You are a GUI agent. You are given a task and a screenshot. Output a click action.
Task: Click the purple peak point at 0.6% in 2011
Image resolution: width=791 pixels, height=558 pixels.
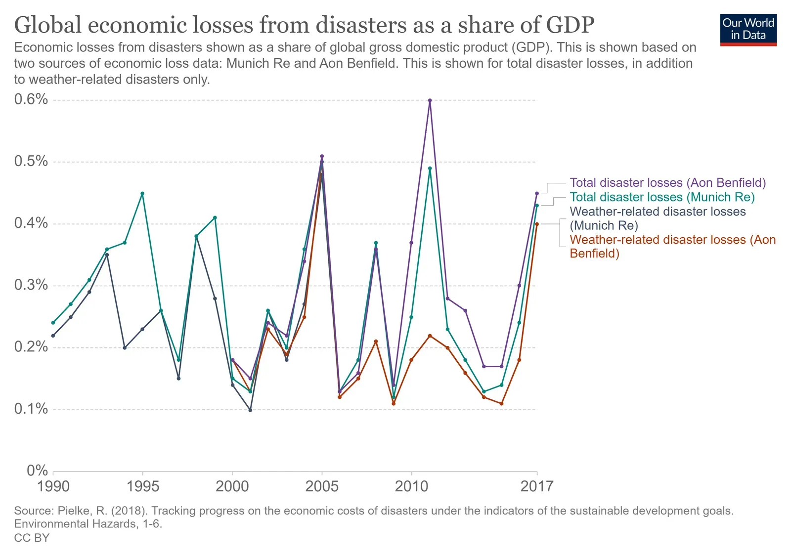pos(430,100)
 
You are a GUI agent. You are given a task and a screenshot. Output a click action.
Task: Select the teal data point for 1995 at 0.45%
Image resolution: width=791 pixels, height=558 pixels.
pos(142,193)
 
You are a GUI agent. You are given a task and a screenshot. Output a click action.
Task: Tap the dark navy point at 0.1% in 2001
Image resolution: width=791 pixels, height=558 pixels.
pos(250,410)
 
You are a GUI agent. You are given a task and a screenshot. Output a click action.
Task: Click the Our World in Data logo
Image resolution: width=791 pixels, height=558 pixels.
pos(748,30)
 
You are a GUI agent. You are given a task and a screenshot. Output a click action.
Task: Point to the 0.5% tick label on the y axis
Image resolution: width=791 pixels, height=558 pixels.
pos(31,161)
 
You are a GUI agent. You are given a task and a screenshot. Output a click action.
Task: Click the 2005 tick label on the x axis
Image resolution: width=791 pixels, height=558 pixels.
pos(322,486)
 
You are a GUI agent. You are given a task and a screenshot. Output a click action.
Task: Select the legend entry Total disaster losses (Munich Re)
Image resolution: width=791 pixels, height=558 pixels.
pos(662,197)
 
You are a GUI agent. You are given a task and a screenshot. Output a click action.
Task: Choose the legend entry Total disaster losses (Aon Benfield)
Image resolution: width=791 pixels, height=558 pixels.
pos(667,183)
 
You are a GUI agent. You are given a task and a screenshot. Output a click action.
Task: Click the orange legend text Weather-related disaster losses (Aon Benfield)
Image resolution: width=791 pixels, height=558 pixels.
pos(672,247)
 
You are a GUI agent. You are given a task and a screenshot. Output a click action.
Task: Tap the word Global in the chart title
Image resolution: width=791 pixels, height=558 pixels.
pos(47,25)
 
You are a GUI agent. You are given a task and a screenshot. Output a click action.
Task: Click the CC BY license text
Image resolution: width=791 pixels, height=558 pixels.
pos(32,538)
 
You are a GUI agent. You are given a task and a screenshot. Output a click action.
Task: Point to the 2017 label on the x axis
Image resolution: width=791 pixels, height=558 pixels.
pos(537,486)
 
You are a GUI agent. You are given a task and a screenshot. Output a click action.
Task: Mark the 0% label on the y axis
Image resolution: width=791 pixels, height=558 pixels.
pos(37,471)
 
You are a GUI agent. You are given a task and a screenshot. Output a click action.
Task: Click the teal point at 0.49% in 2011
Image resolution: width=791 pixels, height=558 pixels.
pos(430,168)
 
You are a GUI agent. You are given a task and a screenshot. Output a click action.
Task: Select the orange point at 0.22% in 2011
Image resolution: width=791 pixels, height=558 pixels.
pos(430,336)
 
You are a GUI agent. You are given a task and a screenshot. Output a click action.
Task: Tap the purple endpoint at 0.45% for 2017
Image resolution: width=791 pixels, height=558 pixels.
pos(537,193)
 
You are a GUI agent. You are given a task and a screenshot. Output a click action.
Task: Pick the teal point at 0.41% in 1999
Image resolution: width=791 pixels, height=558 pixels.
pos(215,217)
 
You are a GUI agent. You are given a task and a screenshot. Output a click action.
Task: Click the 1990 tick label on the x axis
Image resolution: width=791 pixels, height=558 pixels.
pos(53,486)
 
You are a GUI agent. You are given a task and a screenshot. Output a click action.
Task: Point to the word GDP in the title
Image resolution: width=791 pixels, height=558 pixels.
pos(570,25)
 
